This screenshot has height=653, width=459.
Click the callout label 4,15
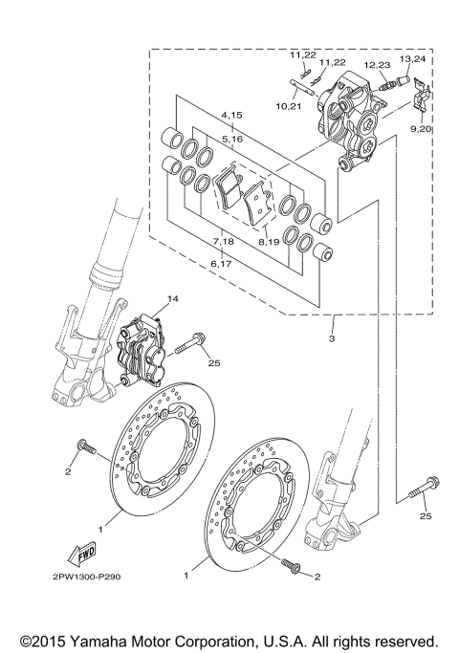click(x=232, y=115)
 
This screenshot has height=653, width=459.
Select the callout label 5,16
click(x=232, y=139)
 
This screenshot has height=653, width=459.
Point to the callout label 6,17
click(x=221, y=263)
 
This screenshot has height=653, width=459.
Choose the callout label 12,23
click(x=377, y=64)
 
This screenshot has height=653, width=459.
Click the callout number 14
click(x=173, y=299)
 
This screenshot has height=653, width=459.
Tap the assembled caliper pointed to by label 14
click(x=142, y=350)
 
